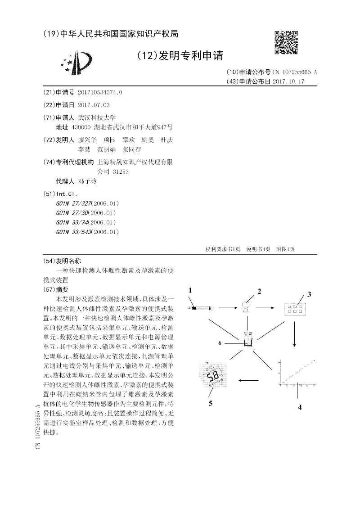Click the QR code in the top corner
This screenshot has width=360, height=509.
click(x=286, y=42)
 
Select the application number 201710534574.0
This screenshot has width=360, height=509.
click(x=100, y=92)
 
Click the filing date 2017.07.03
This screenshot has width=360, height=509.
click(x=94, y=105)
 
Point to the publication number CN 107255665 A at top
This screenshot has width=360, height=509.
click(x=295, y=72)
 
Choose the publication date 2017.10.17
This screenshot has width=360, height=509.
click(x=288, y=81)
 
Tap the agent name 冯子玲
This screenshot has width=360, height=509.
click(x=87, y=181)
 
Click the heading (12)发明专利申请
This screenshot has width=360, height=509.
click(x=180, y=56)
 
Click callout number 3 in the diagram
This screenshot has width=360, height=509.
click(x=310, y=295)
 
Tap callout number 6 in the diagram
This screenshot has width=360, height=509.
click(x=220, y=343)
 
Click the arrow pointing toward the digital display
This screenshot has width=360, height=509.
click(x=248, y=380)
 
